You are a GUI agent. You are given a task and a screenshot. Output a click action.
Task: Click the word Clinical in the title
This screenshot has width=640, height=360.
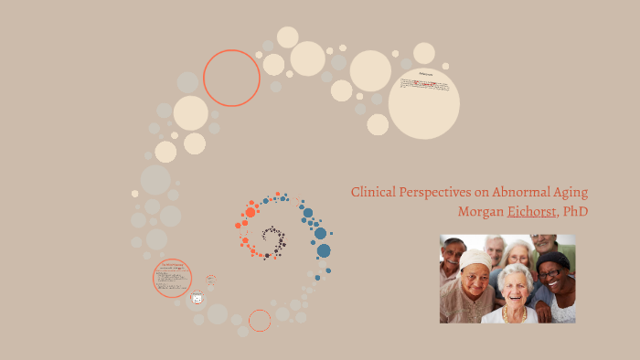click(372, 193)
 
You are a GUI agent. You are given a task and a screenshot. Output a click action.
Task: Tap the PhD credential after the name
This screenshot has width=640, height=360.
click(575, 212)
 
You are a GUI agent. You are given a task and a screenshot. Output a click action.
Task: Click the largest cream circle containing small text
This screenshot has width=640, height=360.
click(423, 103)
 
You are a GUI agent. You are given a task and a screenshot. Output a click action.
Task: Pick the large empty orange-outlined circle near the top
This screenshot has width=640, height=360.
click(231, 78)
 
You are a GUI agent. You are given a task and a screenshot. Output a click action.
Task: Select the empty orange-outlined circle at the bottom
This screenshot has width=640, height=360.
click(260, 321)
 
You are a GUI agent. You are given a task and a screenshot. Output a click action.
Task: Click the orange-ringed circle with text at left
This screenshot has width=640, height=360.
click(173, 278)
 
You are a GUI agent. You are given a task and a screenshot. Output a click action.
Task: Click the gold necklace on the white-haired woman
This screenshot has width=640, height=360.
click(512, 312)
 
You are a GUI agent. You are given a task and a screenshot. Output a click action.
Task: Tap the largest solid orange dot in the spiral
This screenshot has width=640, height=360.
click(251, 212)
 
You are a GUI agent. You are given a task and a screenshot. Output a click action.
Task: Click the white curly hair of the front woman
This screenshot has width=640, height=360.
click(515, 272)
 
